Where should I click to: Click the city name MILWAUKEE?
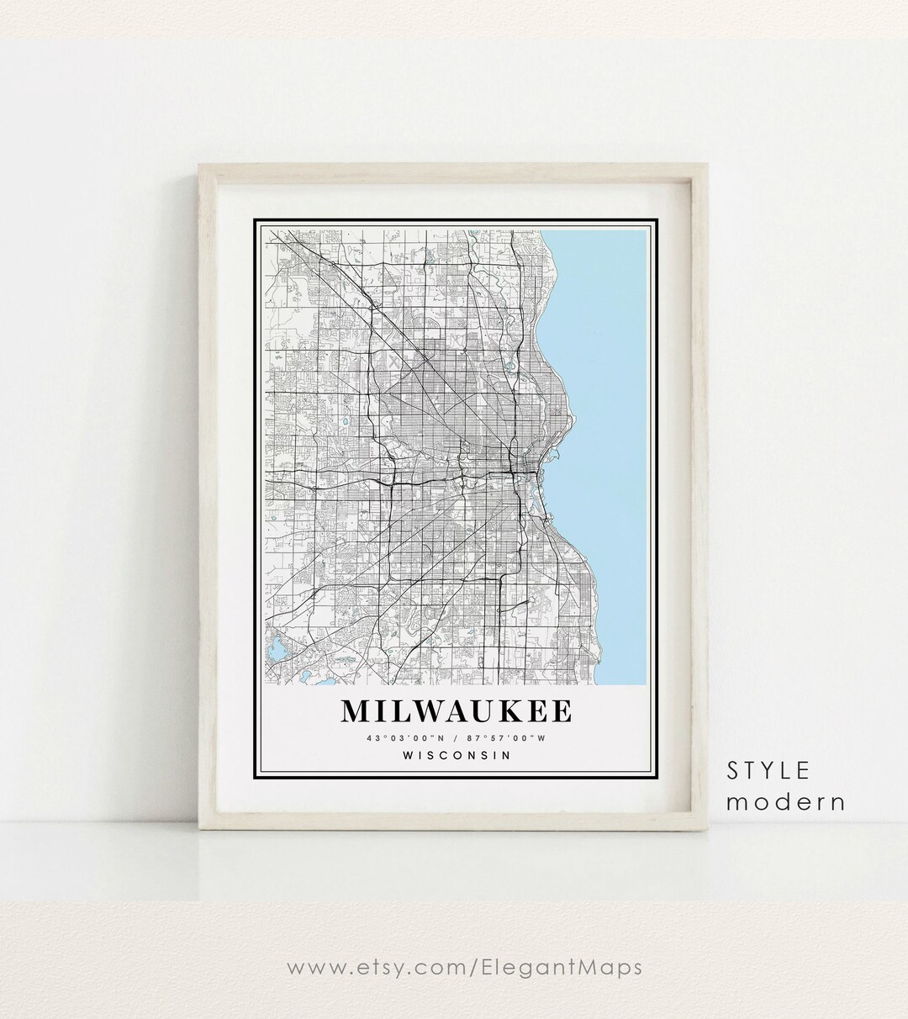coord(456,711)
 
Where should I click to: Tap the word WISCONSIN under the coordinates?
coord(457,755)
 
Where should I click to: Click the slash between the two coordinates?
coord(455,738)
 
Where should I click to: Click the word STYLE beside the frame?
coord(768,770)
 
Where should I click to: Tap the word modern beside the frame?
coord(785,801)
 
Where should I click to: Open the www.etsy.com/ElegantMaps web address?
coord(465,967)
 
